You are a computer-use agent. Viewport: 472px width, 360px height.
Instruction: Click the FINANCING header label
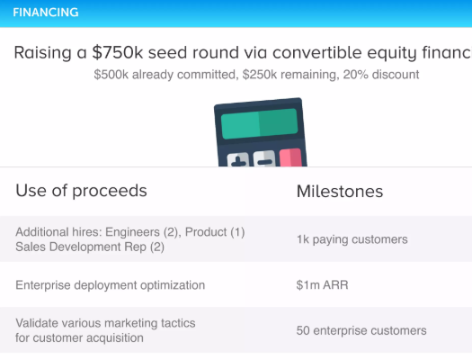(46, 13)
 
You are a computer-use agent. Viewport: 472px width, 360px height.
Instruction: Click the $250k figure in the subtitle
(260, 75)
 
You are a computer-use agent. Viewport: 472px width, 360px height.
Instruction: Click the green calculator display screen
(259, 123)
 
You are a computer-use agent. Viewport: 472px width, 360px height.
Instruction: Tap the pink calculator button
(290, 157)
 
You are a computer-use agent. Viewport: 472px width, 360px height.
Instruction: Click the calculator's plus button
(238, 159)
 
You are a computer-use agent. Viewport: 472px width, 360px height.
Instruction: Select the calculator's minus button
(264, 158)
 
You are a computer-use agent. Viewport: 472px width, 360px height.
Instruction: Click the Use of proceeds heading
(81, 191)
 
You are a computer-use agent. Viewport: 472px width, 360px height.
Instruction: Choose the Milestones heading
(340, 192)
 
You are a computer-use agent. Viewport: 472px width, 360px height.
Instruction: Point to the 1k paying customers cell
(352, 239)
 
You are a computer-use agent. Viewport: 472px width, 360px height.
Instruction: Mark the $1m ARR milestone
(322, 285)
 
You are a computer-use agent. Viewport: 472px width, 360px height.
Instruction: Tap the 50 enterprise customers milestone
(361, 330)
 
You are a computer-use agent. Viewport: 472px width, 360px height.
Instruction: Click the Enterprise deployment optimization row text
(111, 285)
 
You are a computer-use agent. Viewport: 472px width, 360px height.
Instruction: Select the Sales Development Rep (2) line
(90, 247)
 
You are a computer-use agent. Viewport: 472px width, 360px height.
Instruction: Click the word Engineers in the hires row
(132, 232)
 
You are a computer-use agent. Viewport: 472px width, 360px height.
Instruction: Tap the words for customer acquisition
(79, 338)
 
